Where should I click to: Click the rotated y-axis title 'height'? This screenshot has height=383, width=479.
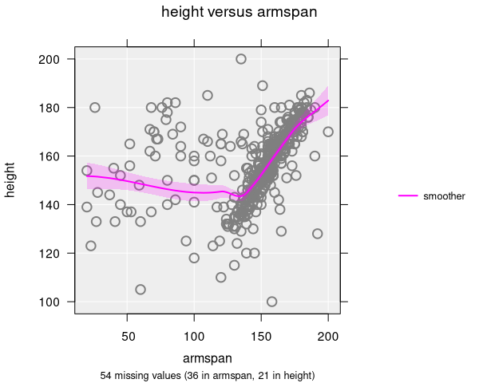(11, 180)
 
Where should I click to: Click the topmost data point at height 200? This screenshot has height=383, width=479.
(241, 59)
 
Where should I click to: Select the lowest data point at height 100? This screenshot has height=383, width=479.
(271, 302)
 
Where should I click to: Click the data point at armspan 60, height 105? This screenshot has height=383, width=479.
(141, 290)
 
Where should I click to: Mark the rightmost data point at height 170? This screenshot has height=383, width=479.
(328, 132)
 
